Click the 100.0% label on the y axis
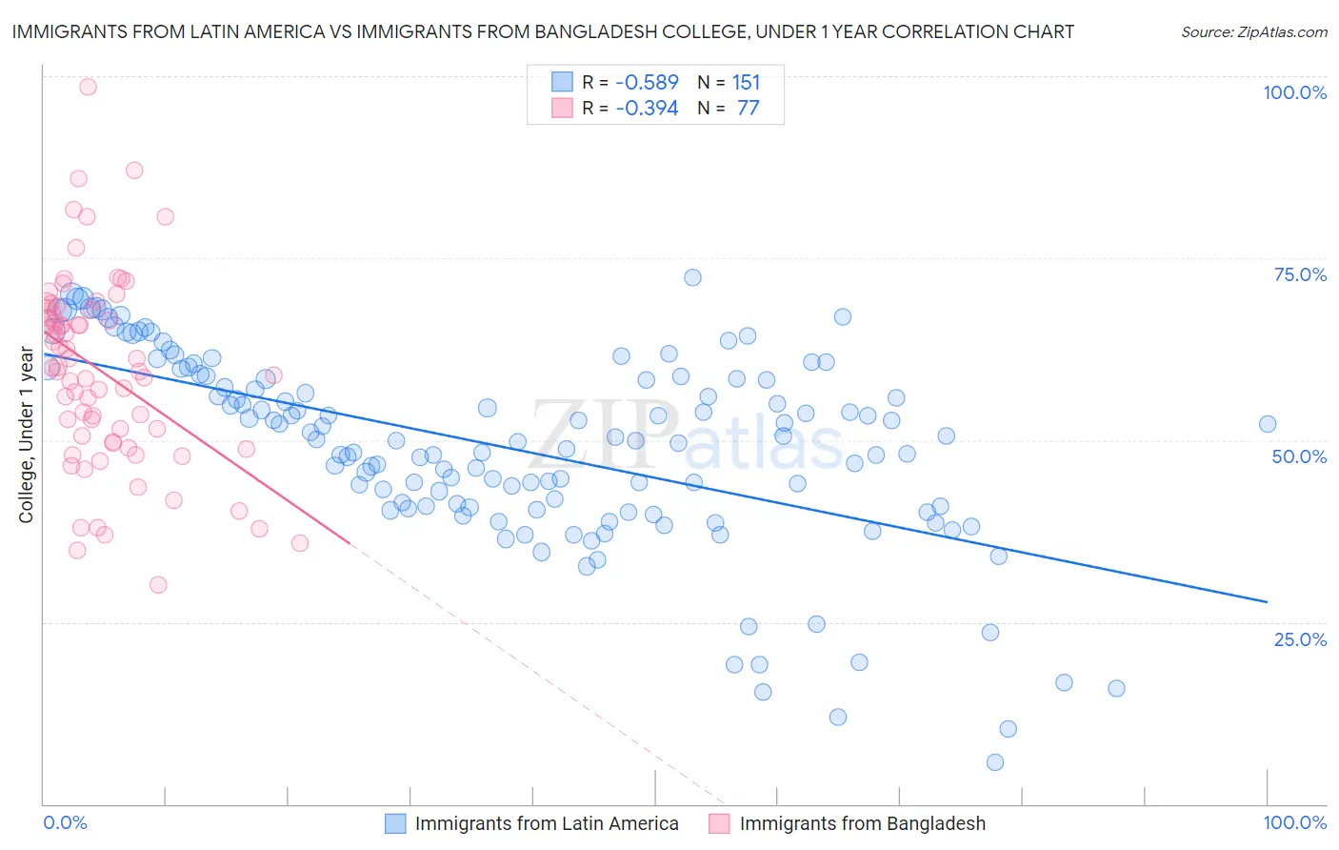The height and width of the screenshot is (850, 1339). tap(1294, 92)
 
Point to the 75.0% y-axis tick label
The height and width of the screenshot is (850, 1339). tap(1300, 274)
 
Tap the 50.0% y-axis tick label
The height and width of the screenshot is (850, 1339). tap(1299, 456)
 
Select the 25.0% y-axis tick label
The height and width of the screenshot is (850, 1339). tap(1300, 639)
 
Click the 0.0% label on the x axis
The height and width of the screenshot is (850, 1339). tap(65, 822)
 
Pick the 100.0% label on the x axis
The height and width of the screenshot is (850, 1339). tap(1294, 822)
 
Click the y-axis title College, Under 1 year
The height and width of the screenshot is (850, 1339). tap(27, 435)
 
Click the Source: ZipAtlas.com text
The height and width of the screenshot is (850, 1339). tap(1253, 32)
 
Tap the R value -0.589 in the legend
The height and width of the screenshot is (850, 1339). tap(647, 83)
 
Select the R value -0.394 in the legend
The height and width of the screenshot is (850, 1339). tap(647, 109)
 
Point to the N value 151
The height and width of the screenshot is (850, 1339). tap(746, 83)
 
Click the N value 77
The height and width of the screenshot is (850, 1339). tap(748, 109)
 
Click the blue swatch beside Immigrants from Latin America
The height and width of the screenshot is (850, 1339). tap(396, 823)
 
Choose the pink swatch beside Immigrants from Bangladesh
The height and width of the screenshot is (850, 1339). tap(720, 823)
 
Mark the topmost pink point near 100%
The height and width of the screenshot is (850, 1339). tap(88, 87)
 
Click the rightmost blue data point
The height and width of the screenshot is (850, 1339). tap(1267, 424)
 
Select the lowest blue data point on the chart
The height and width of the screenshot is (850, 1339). tap(995, 762)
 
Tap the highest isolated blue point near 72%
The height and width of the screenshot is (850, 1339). tap(692, 277)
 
